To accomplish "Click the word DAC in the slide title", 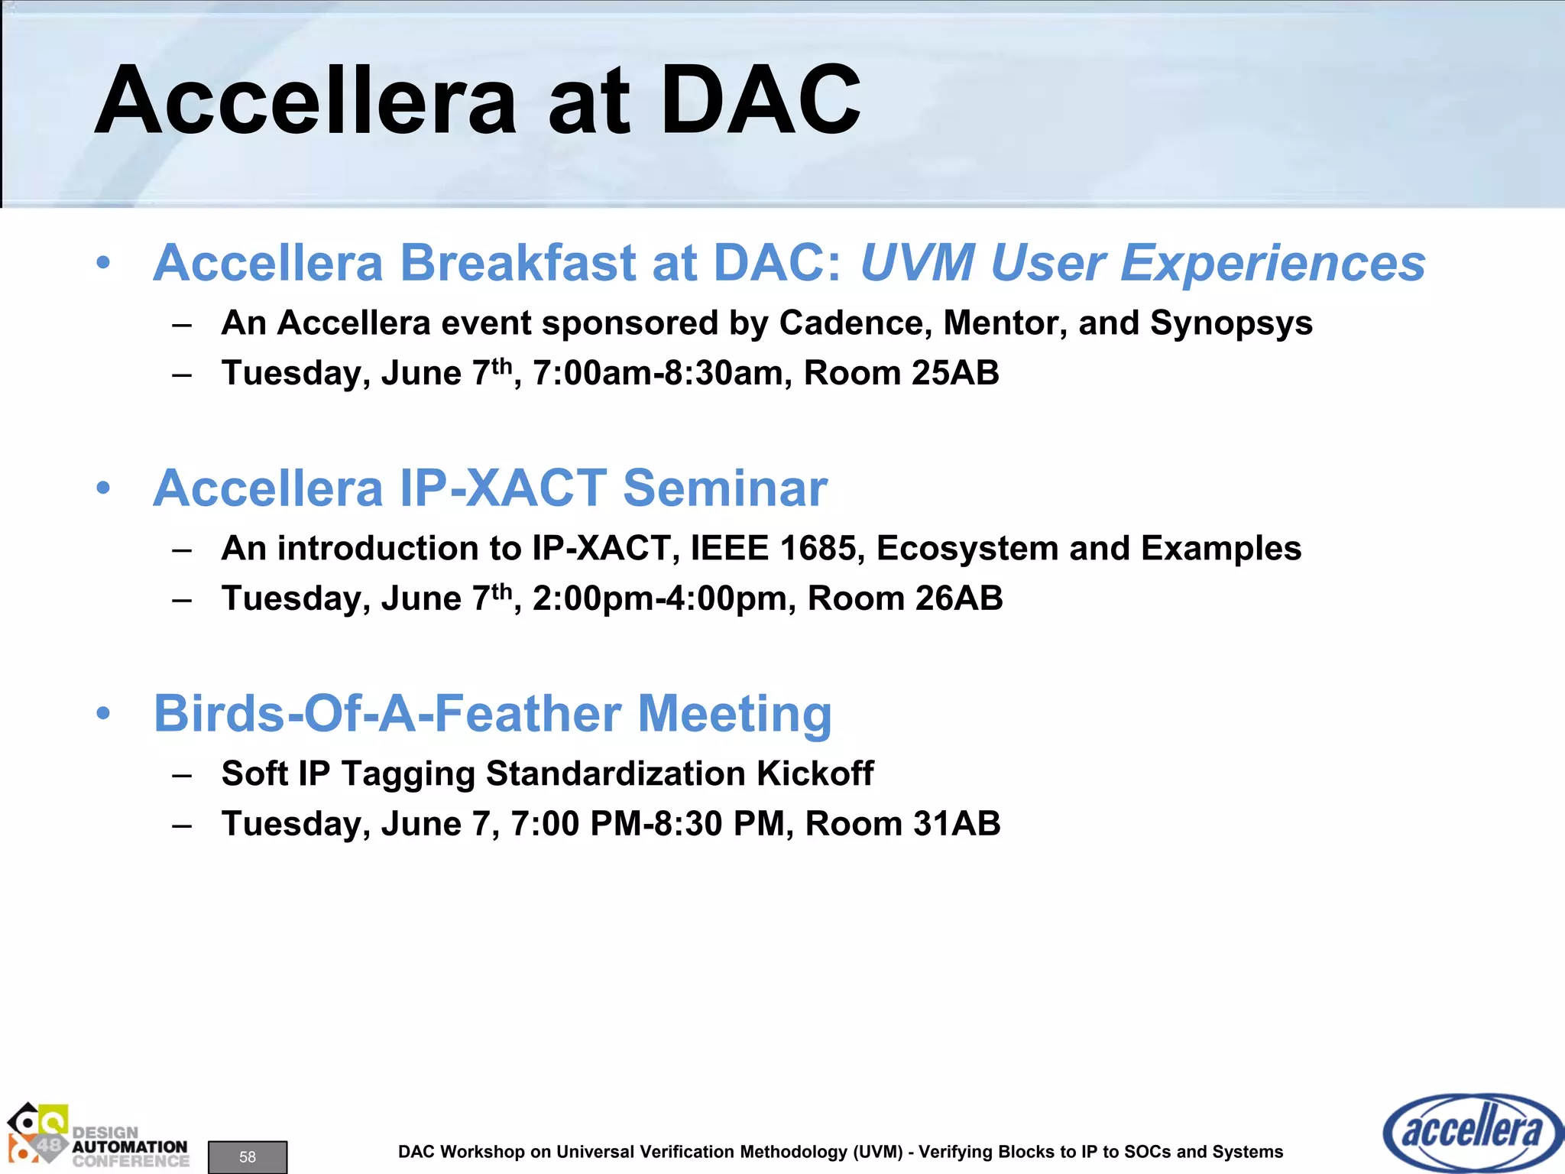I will pyautogui.click(x=760, y=101).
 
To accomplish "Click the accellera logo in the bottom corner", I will pyautogui.click(x=1473, y=1132).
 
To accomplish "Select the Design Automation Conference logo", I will pyautogui.click(x=98, y=1137).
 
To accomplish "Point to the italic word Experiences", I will pyautogui.click(x=1272, y=263).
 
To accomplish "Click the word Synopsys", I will pyautogui.click(x=1231, y=323).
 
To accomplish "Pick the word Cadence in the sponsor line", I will pyautogui.click(x=855, y=323).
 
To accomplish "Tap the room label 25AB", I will pyautogui.click(x=955, y=373).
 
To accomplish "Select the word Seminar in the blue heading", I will pyautogui.click(x=725, y=488).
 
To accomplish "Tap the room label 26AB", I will pyautogui.click(x=959, y=598).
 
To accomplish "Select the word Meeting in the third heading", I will pyautogui.click(x=734, y=713).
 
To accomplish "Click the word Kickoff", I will pyautogui.click(x=815, y=773).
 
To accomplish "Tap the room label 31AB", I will pyautogui.click(x=957, y=824).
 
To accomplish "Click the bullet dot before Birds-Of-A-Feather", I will pyautogui.click(x=104, y=714).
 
